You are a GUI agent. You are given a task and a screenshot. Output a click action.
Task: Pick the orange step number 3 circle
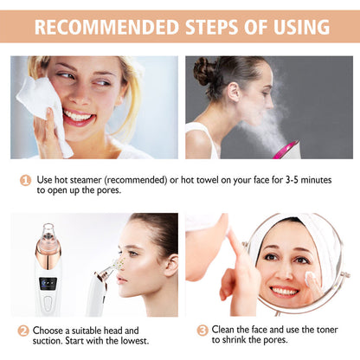(202, 331)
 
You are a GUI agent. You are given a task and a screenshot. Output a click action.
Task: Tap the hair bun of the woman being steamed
(205, 71)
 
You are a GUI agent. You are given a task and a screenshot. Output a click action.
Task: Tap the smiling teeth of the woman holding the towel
(79, 115)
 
